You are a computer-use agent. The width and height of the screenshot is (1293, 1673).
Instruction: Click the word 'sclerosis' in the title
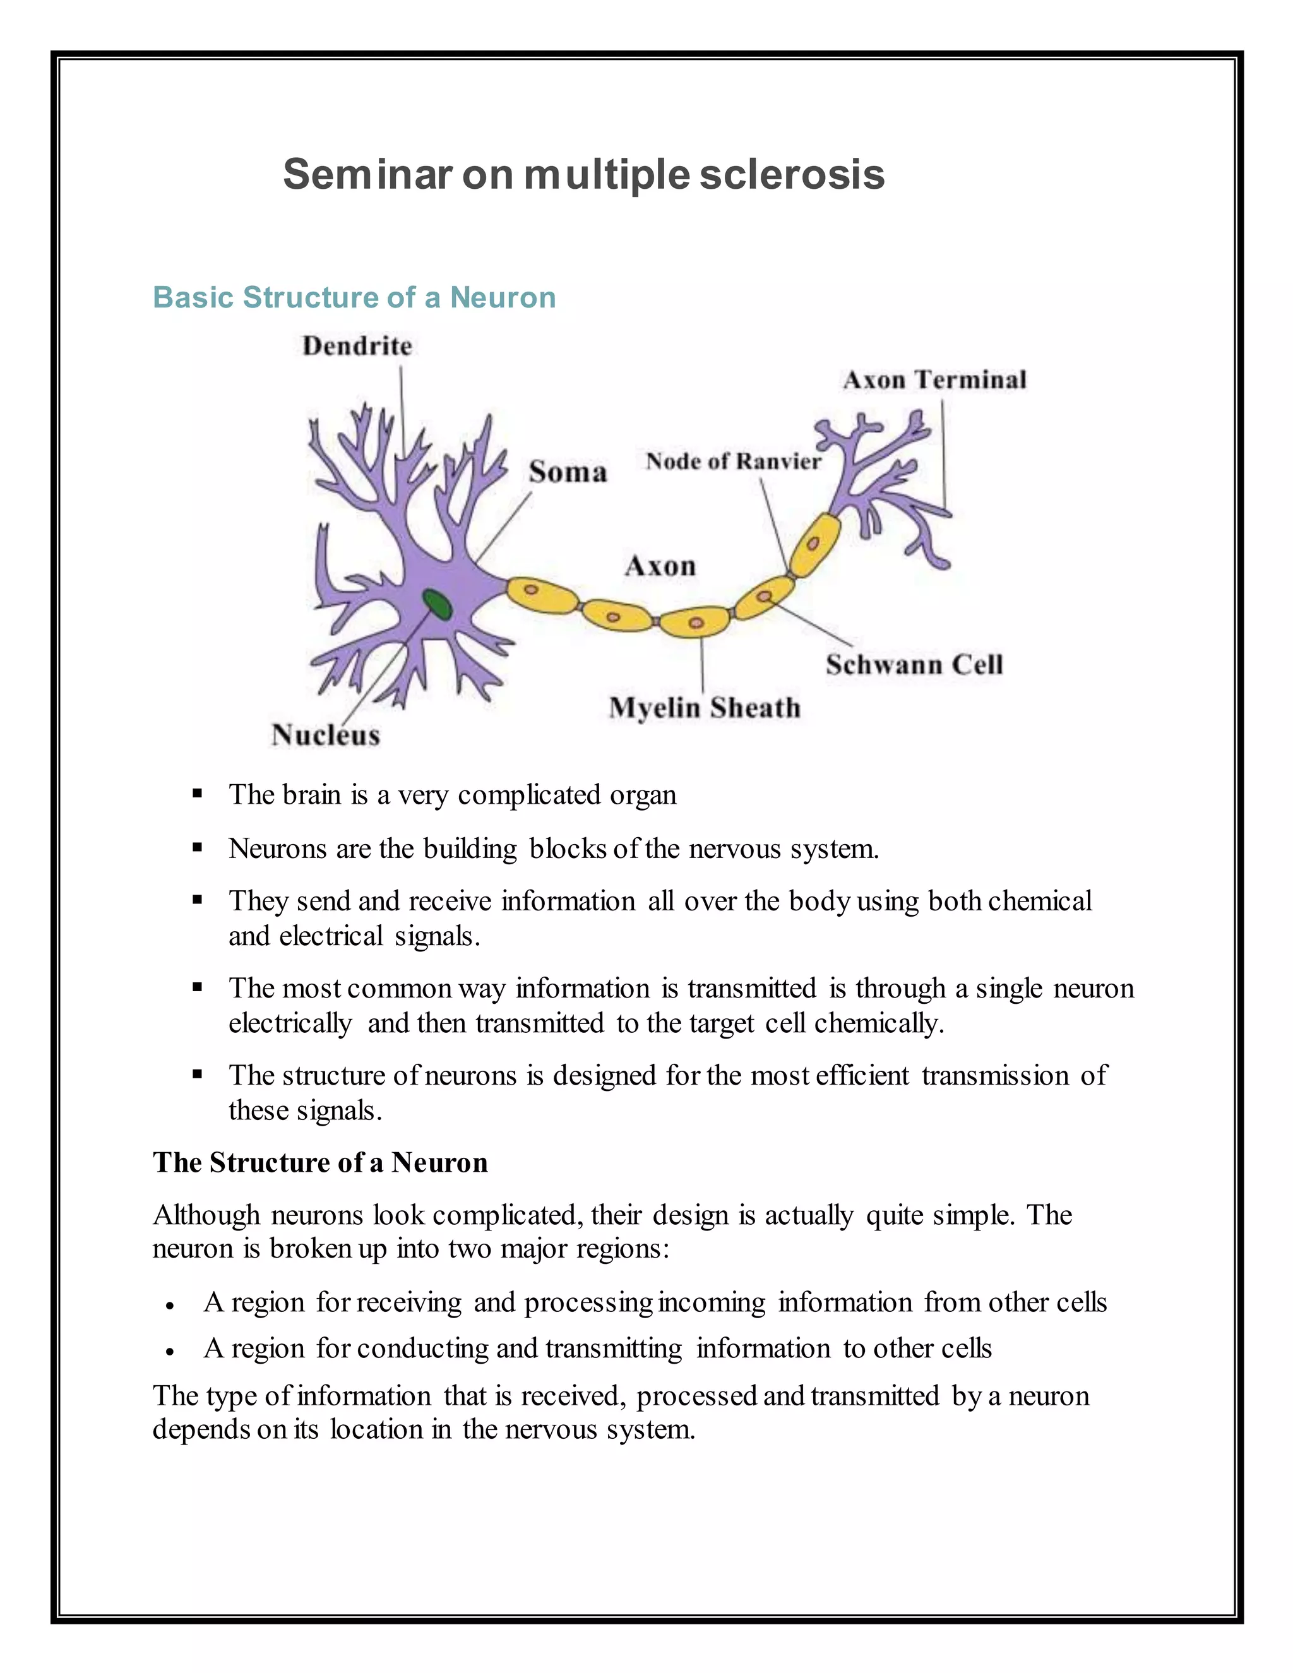click(x=792, y=175)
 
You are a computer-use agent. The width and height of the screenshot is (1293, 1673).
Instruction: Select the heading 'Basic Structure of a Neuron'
click(x=354, y=297)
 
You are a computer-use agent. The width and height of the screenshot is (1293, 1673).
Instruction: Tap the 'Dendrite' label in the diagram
click(x=357, y=346)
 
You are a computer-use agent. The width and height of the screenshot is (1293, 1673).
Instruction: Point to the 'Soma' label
click(x=568, y=472)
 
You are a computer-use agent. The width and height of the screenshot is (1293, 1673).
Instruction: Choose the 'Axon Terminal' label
click(x=934, y=380)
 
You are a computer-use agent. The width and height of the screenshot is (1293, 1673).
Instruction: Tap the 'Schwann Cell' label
click(x=914, y=664)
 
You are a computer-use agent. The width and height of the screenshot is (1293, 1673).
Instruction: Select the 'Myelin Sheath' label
click(x=705, y=707)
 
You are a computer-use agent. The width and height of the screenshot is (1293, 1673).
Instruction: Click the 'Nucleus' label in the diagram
click(x=326, y=735)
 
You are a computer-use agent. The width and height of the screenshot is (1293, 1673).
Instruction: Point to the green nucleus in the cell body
click(x=438, y=604)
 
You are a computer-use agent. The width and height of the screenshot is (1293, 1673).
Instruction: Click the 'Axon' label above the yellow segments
click(x=660, y=566)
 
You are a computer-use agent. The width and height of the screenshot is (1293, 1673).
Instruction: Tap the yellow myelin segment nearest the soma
click(x=542, y=595)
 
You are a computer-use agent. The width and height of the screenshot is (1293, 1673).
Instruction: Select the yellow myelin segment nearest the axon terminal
click(x=814, y=544)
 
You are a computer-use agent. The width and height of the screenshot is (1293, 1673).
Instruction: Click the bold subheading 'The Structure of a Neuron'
click(x=320, y=1162)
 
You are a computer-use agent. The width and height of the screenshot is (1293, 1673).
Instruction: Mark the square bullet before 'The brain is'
click(x=197, y=794)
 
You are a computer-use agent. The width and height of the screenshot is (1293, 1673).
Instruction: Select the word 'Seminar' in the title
click(x=367, y=175)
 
